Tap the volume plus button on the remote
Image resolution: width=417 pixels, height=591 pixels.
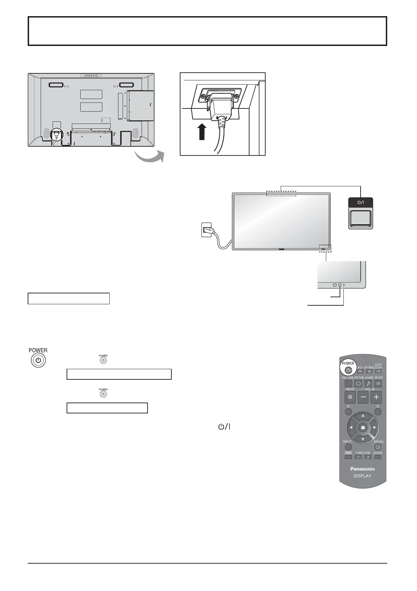coord(376,397)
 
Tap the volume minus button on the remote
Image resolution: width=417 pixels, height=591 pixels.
coord(363,397)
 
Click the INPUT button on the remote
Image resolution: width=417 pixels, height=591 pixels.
coord(348,447)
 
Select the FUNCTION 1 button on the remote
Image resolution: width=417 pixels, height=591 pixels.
coord(358,457)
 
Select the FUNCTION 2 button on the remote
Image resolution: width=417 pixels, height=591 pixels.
coord(368,457)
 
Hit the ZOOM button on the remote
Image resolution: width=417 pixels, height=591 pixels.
coord(378,457)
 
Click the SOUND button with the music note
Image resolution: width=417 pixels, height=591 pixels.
coord(368,384)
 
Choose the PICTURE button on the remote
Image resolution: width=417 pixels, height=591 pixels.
coord(358,384)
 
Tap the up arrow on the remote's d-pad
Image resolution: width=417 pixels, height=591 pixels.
coord(363,416)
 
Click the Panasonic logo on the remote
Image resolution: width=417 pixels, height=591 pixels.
coord(363,469)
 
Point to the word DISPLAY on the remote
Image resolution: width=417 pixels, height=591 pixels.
coord(363,476)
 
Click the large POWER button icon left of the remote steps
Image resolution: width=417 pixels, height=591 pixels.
coord(38,360)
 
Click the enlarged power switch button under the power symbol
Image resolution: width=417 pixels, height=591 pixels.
coord(361,218)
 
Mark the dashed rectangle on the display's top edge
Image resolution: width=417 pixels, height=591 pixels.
coord(281,193)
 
